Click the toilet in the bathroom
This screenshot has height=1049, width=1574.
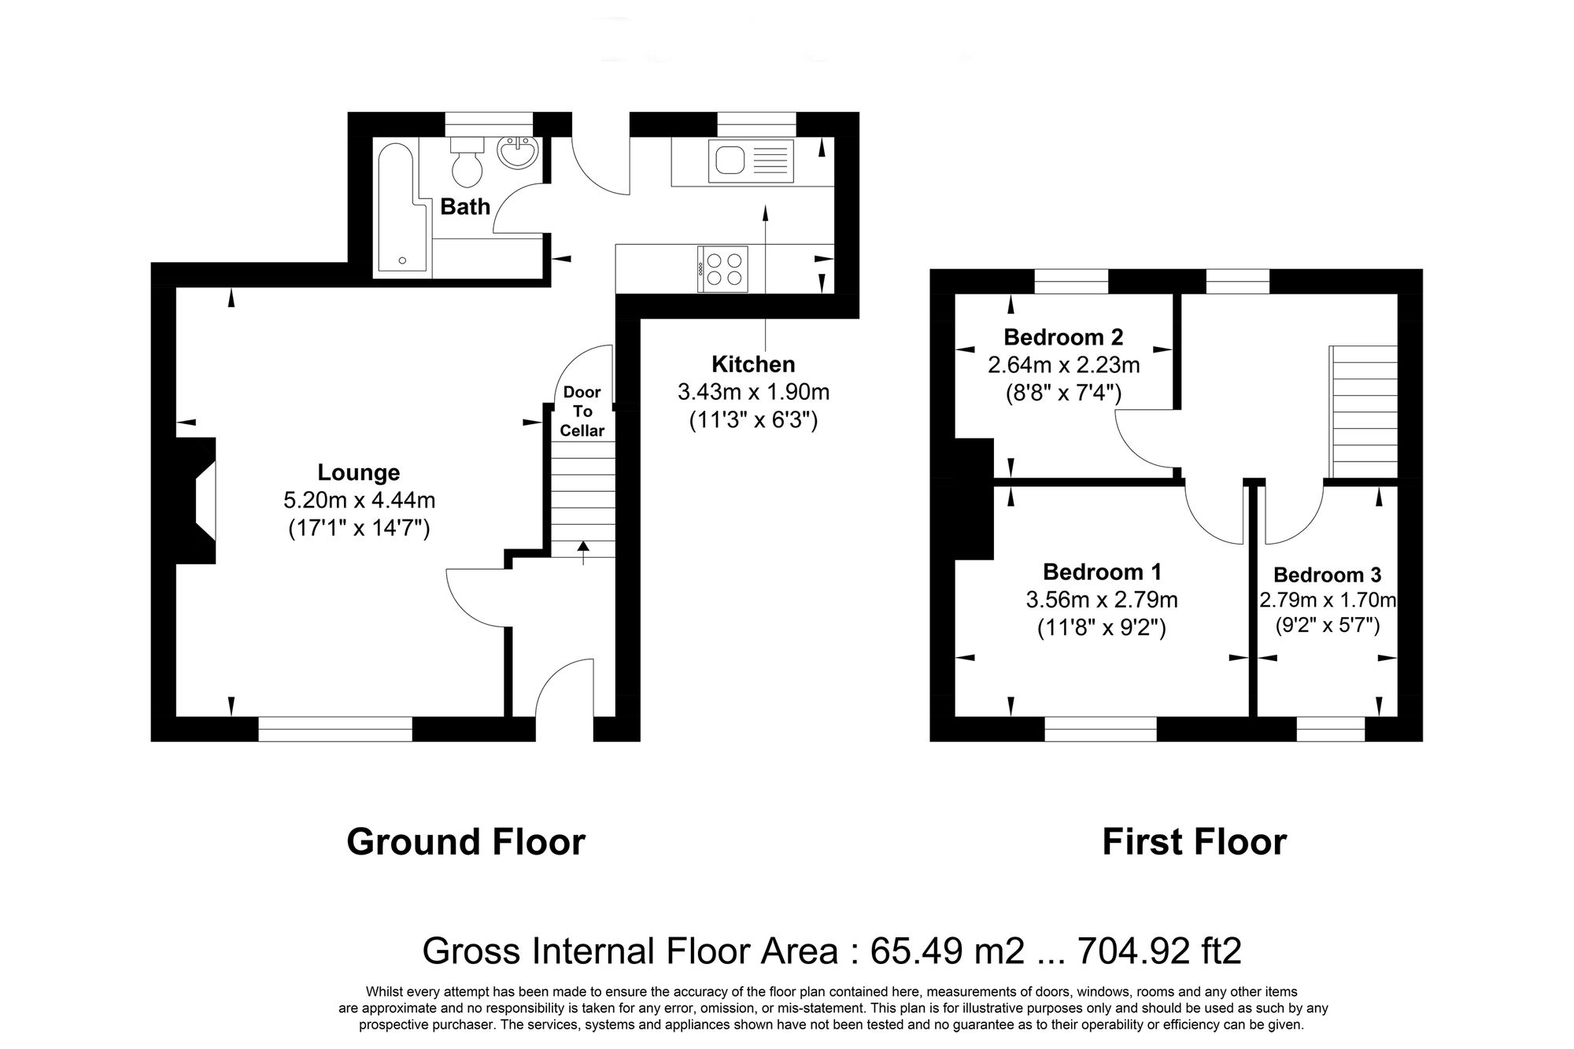tap(466, 162)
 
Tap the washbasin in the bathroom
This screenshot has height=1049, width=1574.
tap(518, 153)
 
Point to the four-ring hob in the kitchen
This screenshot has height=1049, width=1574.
tap(723, 269)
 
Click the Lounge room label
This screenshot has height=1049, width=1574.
tap(359, 472)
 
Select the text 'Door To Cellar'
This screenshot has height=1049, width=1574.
tap(582, 412)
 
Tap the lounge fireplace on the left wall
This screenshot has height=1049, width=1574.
tap(193, 500)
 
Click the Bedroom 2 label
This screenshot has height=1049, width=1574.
tap(1063, 338)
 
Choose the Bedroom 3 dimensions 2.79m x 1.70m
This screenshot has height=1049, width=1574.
tap(1328, 600)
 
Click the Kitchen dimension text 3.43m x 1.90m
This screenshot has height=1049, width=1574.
tap(753, 392)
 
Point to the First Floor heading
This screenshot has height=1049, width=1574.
tap(1194, 842)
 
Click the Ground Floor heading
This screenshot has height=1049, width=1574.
tap(466, 842)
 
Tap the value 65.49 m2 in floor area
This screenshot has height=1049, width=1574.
tap(947, 951)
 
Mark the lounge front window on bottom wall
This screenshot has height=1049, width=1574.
tap(335, 729)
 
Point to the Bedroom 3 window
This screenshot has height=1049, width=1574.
tap(1331, 729)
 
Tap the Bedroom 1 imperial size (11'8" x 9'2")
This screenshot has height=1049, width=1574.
tap(1102, 628)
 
